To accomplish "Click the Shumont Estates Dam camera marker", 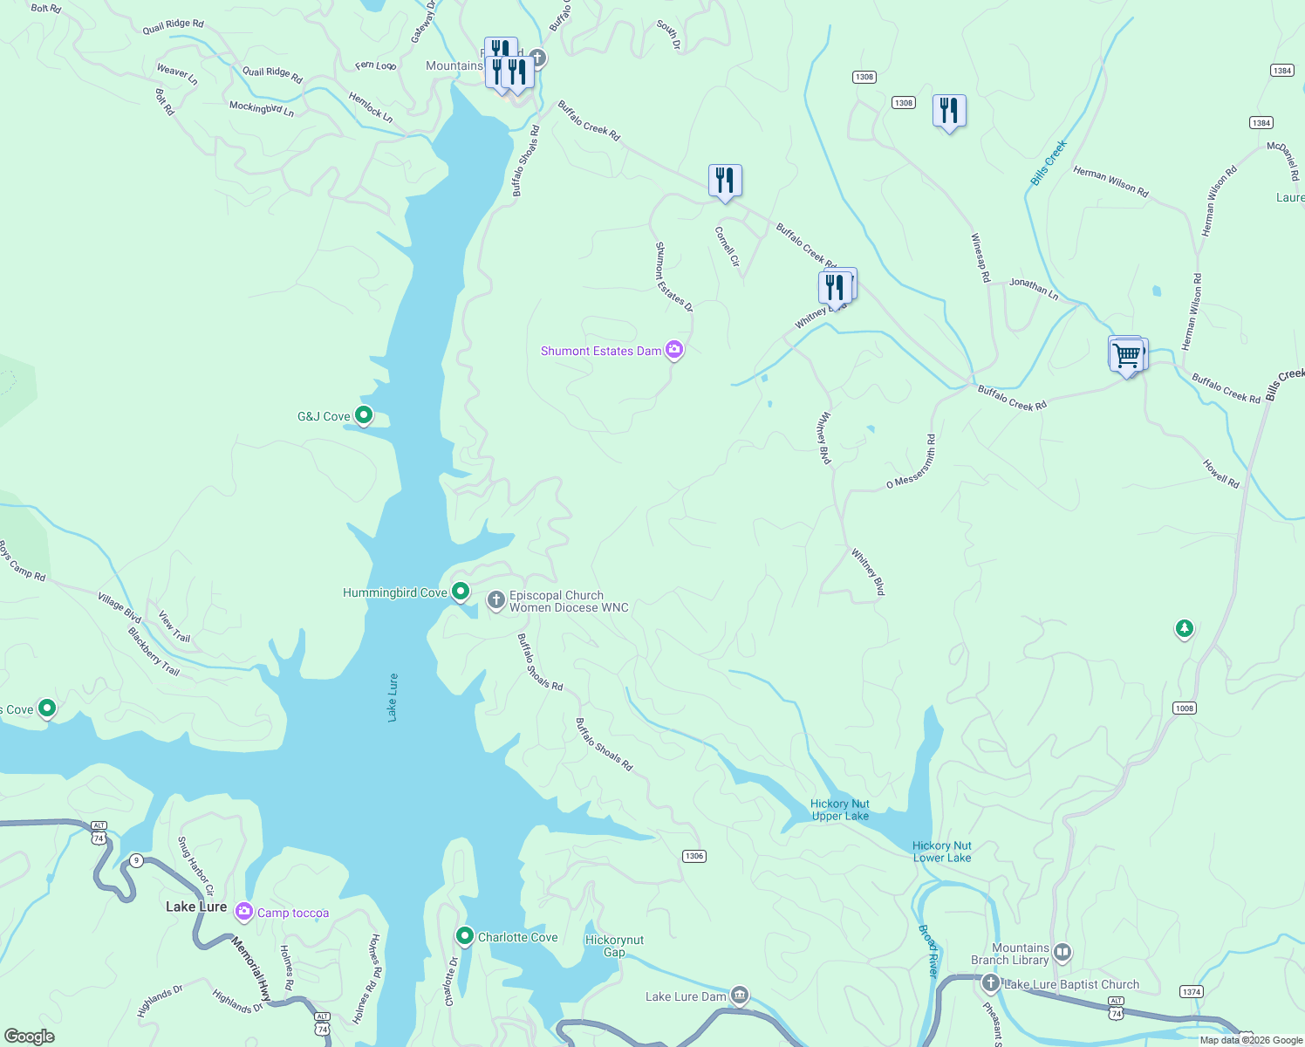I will [673, 351].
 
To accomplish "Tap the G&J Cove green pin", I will [364, 415].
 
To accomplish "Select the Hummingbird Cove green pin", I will [460, 591].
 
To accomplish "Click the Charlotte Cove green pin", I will [464, 936].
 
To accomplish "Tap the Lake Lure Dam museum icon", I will [740, 996].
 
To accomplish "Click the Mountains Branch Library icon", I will [1062, 953].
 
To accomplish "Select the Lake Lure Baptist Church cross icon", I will [990, 983].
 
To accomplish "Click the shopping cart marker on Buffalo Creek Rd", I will [1127, 355].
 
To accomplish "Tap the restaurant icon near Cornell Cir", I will [725, 181].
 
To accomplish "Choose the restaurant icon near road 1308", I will [948, 111].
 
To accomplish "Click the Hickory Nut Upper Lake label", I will [839, 810].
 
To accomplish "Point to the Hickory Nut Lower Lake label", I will [941, 852].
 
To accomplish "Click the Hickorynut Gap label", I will [614, 946].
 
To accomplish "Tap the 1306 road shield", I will [693, 856].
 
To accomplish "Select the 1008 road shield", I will [1184, 708].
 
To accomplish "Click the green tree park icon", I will [1184, 628].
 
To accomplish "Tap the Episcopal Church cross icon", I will [495, 600].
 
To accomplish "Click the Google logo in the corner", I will [29, 1036].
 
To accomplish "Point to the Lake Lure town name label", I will [196, 907].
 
